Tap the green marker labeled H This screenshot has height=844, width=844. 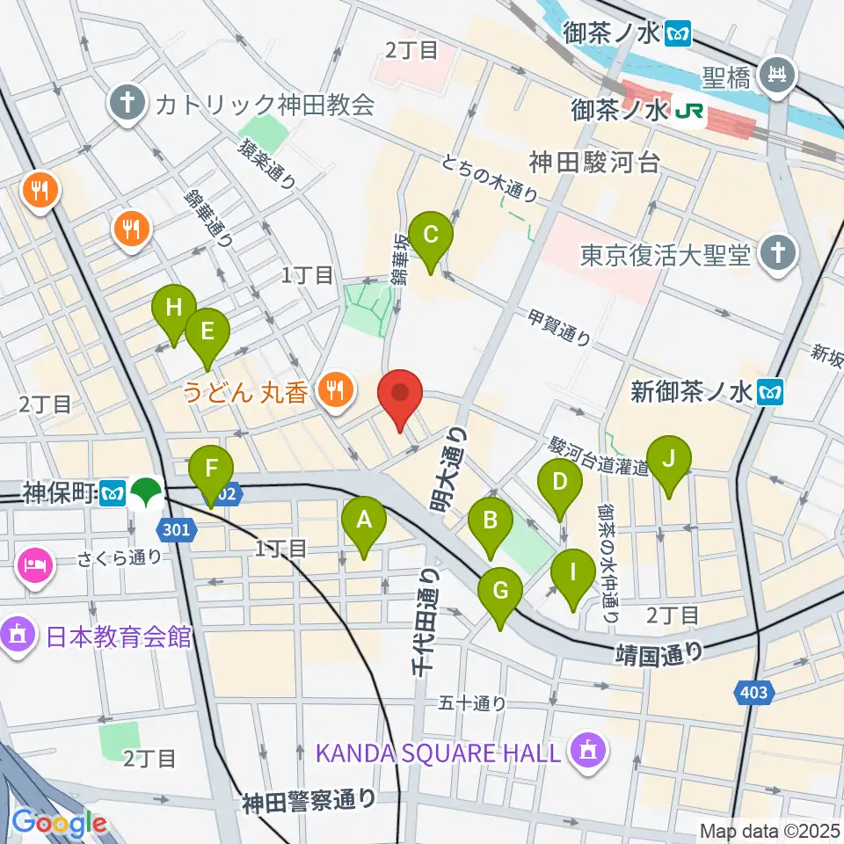tap(173, 309)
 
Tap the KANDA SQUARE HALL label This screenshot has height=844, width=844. tap(437, 753)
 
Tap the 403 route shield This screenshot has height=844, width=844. tap(753, 693)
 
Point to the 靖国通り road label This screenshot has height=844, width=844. tap(658, 651)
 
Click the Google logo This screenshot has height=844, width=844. tap(60, 823)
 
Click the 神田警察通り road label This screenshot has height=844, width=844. tap(309, 800)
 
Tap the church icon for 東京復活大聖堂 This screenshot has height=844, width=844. tap(778, 255)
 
